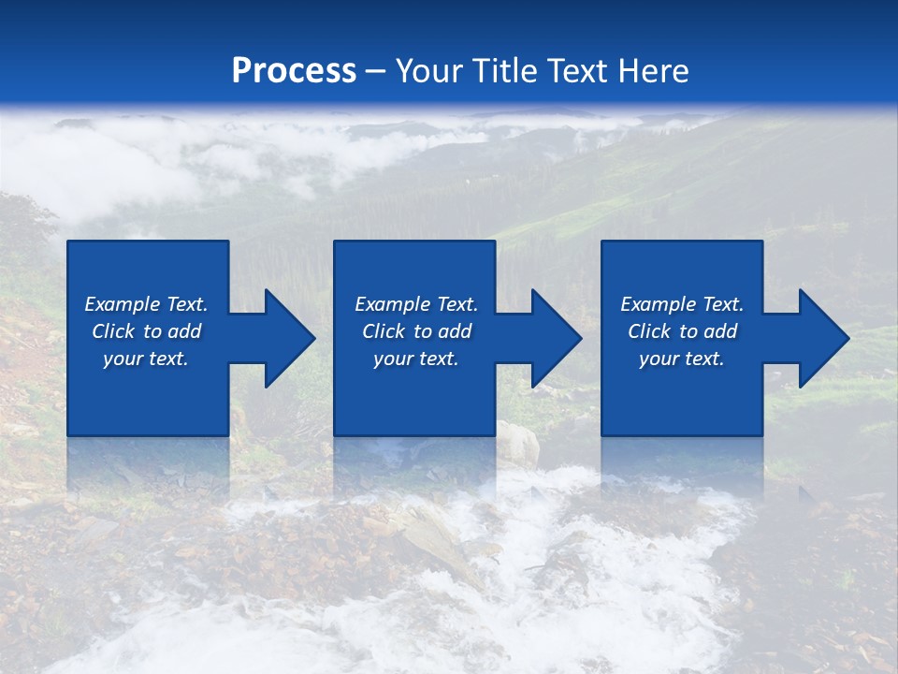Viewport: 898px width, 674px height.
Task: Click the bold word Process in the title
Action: (x=294, y=71)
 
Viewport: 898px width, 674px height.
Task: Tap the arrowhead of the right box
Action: (x=822, y=338)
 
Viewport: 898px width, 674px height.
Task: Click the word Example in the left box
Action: (x=122, y=304)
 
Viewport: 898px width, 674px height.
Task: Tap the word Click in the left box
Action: (x=113, y=331)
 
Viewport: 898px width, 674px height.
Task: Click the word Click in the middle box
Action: (x=384, y=331)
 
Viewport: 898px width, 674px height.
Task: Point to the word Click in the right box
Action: (x=649, y=331)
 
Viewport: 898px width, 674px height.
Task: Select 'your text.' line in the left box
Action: (x=146, y=359)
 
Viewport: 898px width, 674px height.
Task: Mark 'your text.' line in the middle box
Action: (x=416, y=359)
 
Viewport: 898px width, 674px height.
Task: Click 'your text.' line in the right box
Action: (x=682, y=359)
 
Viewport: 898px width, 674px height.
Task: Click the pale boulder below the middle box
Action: (x=516, y=444)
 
